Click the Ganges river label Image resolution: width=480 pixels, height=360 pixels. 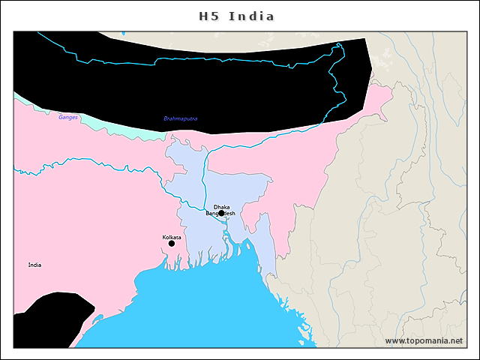68,118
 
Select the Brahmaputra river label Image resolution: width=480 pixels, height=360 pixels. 181,119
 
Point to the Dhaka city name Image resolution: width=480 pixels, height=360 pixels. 221,206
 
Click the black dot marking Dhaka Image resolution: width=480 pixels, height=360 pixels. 221,213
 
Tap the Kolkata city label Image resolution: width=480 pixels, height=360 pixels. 172,237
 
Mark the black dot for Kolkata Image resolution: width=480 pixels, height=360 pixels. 172,243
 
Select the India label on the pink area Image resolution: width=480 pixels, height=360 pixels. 35,265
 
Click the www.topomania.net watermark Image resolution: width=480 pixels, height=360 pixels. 424,340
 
